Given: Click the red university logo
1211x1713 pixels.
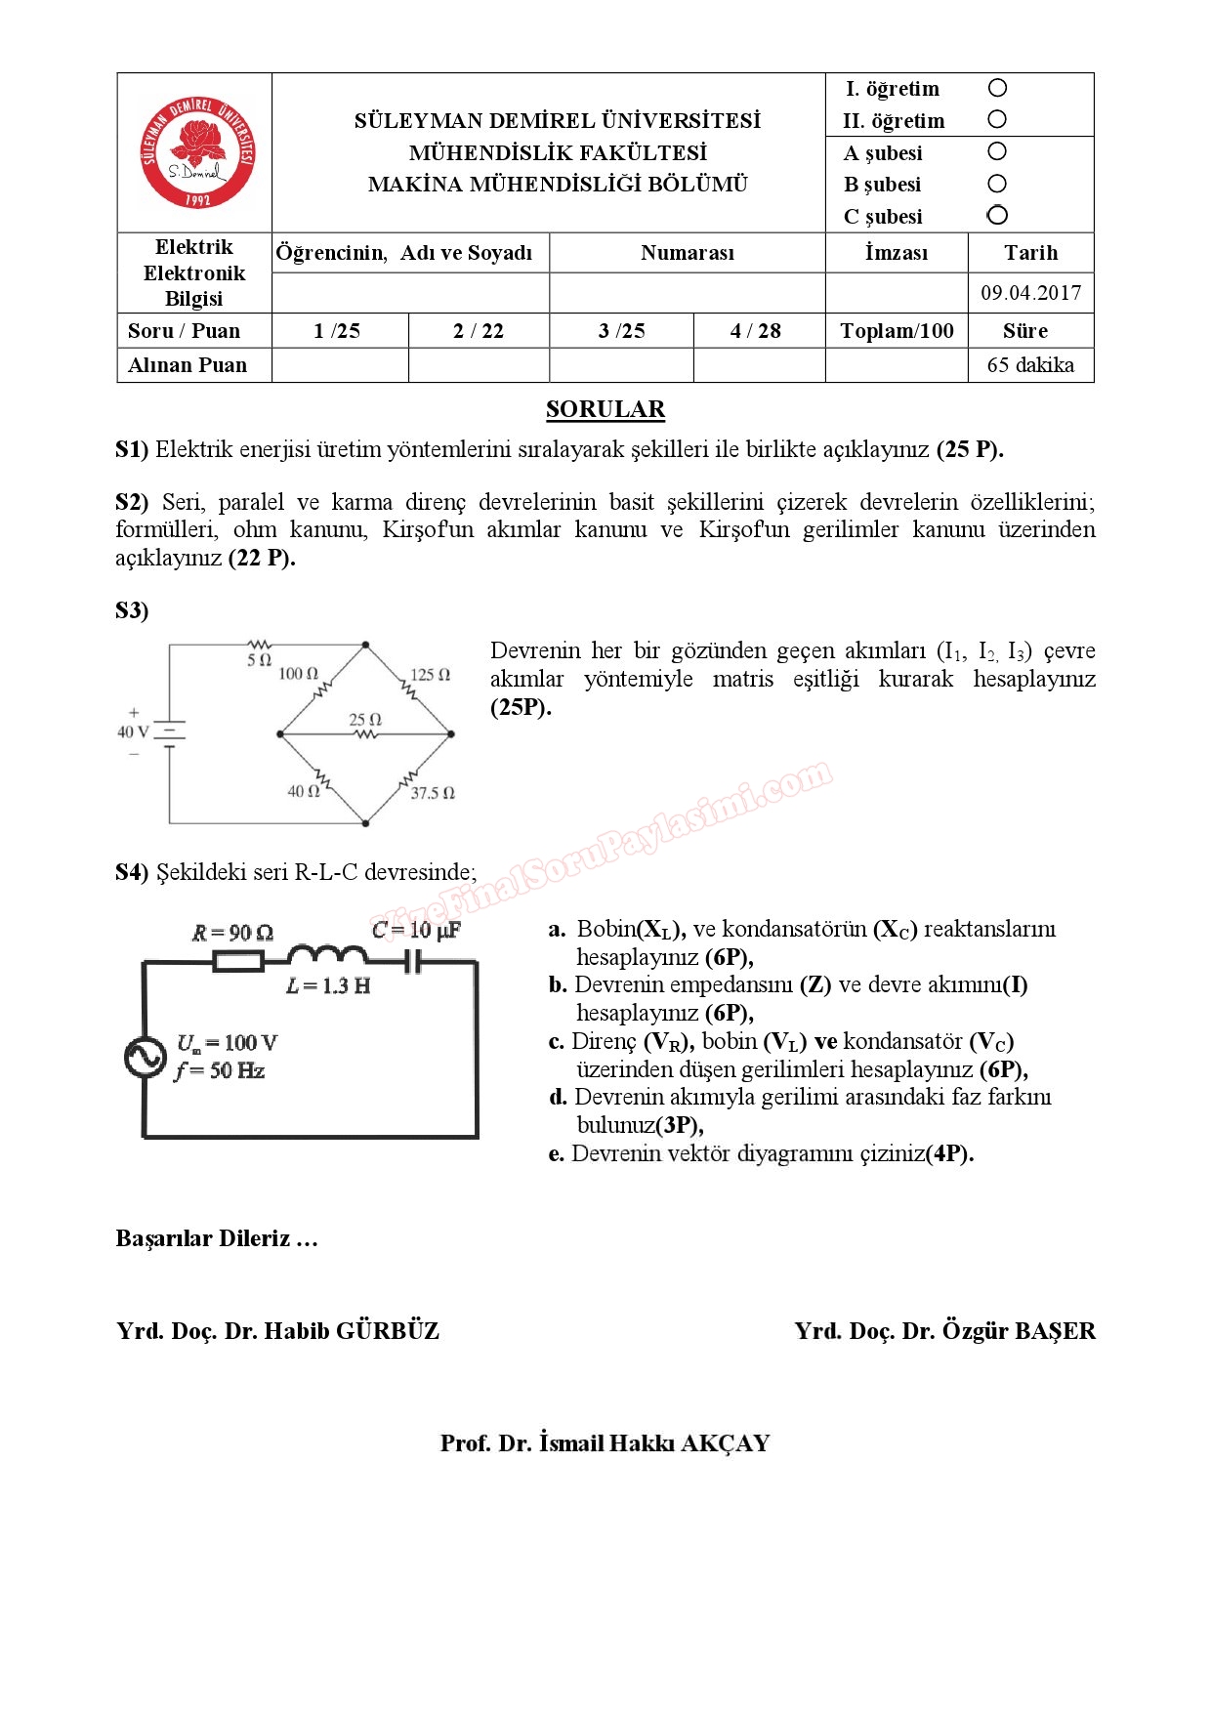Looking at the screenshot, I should tap(197, 152).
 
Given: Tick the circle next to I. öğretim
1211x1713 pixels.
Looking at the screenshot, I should tap(997, 88).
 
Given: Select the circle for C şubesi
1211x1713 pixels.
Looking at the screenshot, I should tap(997, 215).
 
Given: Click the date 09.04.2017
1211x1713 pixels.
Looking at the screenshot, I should tap(1030, 293).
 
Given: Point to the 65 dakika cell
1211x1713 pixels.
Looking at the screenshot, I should tap(1030, 365).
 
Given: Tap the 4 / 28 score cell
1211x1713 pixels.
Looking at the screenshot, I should tap(756, 331).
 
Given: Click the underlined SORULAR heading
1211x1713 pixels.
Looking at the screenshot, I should tap(605, 409).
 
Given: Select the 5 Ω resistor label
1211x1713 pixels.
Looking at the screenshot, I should tap(259, 660).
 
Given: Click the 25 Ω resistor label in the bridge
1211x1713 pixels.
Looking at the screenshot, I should tap(365, 719).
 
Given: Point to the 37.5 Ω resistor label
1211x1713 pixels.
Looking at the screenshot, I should tap(433, 793).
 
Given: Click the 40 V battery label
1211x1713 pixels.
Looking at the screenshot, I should tap(133, 731).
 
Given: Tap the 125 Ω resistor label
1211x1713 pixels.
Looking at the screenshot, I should tap(430, 675).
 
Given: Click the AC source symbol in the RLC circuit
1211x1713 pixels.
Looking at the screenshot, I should tap(146, 1057).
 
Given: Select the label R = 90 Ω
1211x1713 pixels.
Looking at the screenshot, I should tap(232, 933).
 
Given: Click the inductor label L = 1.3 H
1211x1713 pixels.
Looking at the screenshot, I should tap(328, 986).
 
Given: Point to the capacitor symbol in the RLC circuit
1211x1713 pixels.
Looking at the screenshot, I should tap(413, 962).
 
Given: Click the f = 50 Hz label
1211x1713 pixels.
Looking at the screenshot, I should tap(221, 1071).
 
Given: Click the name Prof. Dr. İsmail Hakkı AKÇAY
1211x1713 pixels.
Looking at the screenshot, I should tap(605, 1443).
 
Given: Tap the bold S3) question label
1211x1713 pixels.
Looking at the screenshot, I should tap(132, 611).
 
